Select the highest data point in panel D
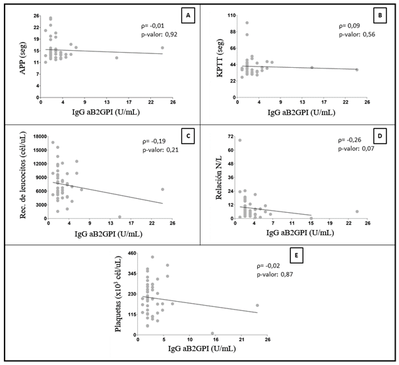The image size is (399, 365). click(x=239, y=140)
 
